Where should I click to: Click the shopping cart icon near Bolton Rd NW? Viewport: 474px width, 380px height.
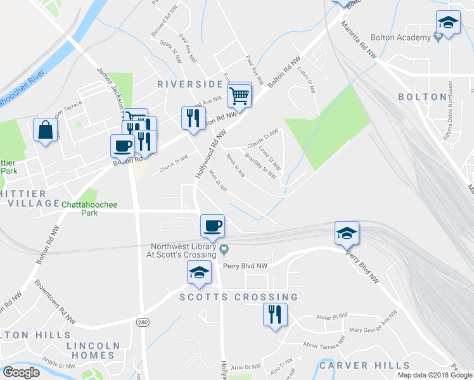point(240,96)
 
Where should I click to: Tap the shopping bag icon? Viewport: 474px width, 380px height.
point(46,130)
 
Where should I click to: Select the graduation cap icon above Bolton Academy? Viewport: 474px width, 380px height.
point(448,23)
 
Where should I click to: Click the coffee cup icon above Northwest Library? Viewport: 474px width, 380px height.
point(212,225)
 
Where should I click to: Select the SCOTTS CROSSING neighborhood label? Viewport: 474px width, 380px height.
point(238,297)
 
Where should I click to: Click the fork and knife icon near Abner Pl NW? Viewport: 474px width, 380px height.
point(275,314)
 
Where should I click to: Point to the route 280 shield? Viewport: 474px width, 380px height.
point(143,323)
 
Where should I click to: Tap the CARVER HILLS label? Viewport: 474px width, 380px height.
point(364,365)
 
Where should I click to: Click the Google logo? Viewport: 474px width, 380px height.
point(21,372)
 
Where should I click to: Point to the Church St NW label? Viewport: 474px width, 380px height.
point(174,165)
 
